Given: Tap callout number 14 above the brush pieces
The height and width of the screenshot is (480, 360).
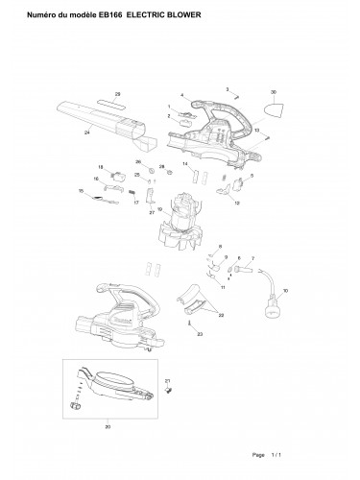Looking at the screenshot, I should (x=185, y=164).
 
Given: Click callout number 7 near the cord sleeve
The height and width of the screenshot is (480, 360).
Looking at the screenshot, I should (x=252, y=259).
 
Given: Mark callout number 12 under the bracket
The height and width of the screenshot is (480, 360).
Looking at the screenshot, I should (x=236, y=204).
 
